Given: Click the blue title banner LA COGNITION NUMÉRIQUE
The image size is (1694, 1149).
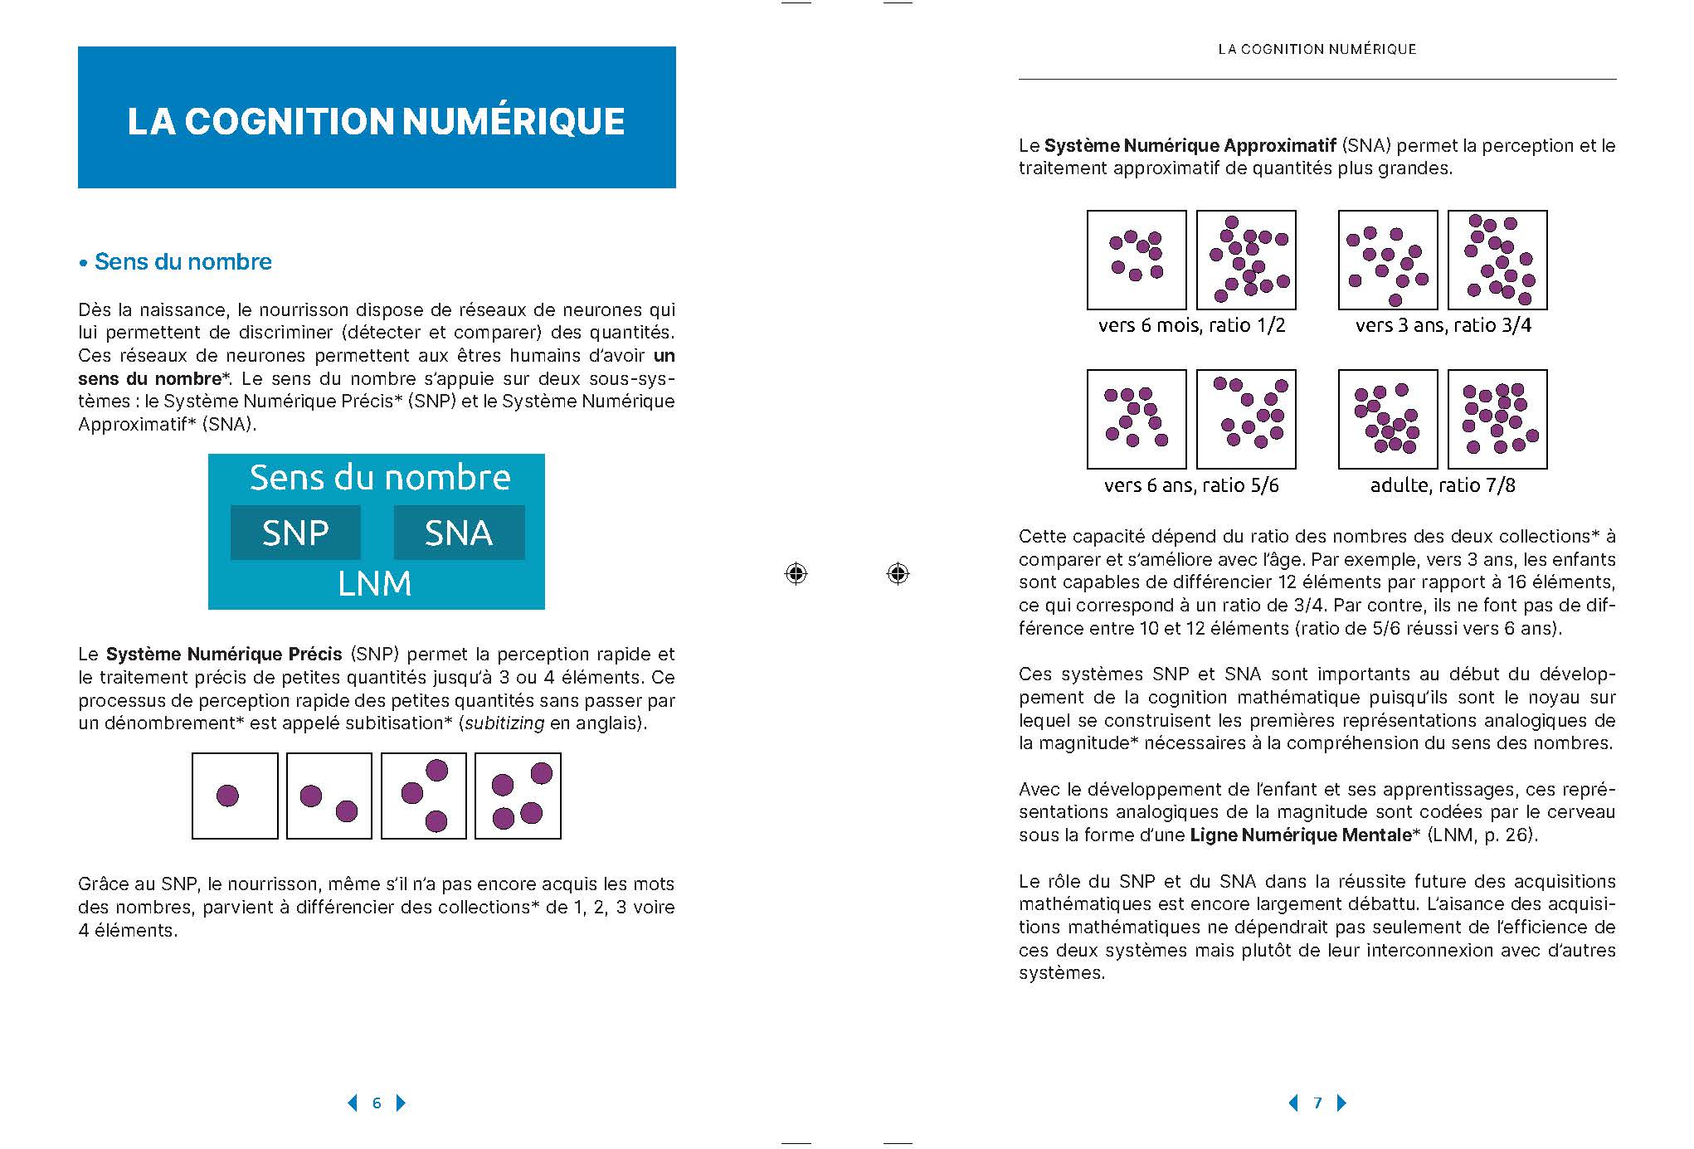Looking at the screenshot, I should click(377, 118).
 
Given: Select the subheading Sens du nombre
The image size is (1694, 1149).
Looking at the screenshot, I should click(183, 262).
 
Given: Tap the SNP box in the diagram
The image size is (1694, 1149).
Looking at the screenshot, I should click(295, 533).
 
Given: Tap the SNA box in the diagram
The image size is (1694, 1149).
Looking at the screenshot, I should click(459, 533).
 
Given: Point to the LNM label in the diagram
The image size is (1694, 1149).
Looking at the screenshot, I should click(374, 584).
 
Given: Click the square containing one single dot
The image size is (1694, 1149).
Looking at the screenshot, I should click(235, 796).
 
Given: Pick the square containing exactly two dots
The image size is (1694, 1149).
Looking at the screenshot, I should click(329, 796).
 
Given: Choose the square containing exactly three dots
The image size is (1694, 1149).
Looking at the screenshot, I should click(423, 796).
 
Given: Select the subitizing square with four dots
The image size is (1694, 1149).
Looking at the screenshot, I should click(518, 796).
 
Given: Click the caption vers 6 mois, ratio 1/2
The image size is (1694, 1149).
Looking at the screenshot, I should click(1191, 326).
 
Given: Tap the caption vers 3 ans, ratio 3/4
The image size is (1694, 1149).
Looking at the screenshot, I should click(1443, 326).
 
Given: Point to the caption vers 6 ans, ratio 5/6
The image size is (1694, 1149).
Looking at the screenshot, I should click(1191, 485).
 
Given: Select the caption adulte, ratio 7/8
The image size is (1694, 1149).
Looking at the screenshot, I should click(1443, 485).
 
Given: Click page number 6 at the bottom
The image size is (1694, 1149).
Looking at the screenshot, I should click(377, 1103).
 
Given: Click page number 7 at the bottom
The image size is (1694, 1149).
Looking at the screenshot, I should click(1317, 1103).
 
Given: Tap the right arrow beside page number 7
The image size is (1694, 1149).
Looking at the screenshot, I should click(1342, 1103).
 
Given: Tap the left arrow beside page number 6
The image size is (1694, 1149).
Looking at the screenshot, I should click(353, 1103).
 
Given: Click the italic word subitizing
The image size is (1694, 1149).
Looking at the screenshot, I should click(504, 723).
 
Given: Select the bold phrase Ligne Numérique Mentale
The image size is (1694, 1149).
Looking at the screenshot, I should click(1300, 835).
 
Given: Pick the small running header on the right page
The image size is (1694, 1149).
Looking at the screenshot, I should click(1317, 50).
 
